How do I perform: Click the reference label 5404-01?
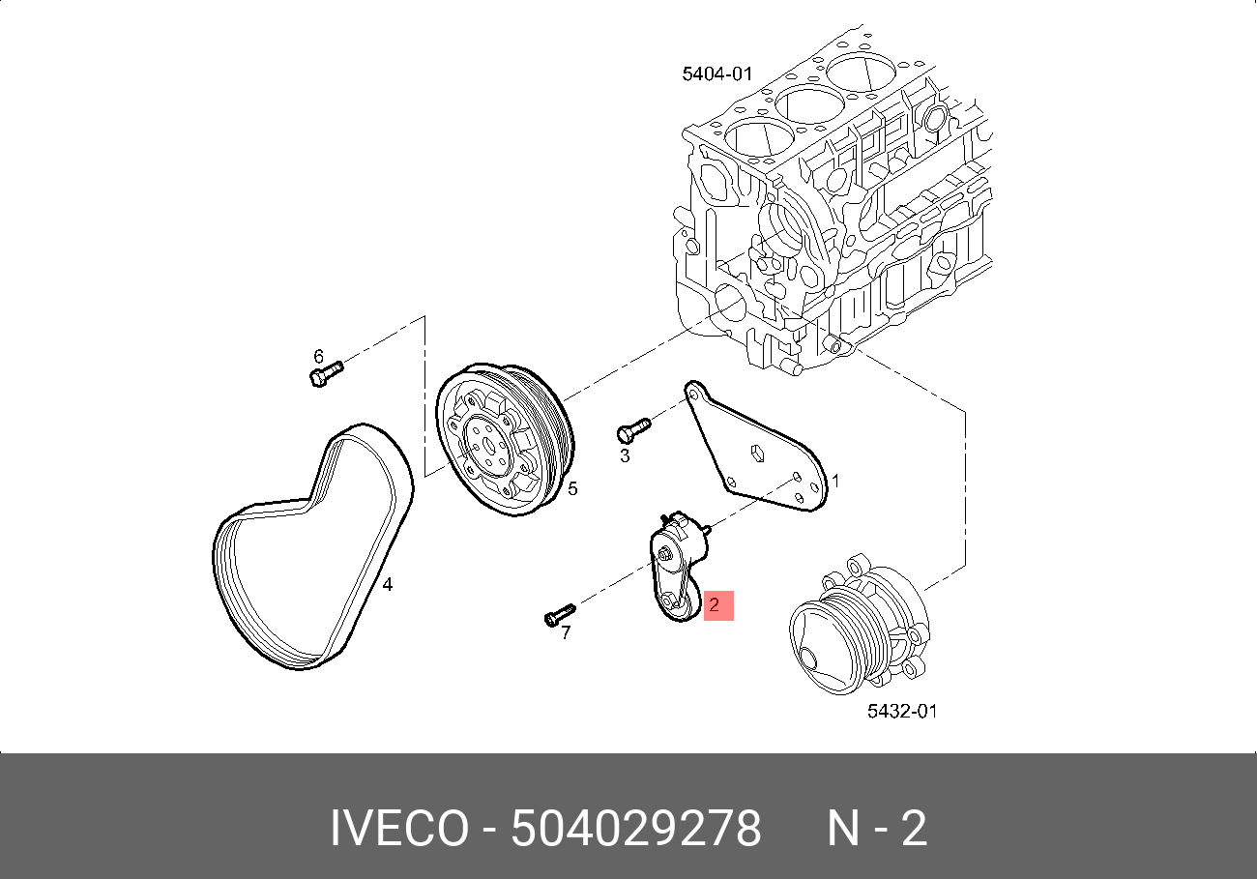pyautogui.click(x=716, y=73)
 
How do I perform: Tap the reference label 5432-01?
pyautogui.click(x=901, y=712)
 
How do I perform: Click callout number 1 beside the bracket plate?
pyautogui.click(x=835, y=481)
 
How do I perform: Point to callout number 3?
pyautogui.click(x=624, y=455)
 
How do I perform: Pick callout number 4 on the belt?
pyautogui.click(x=387, y=584)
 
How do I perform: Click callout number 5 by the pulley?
pyautogui.click(x=572, y=488)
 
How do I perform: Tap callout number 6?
pyautogui.click(x=318, y=355)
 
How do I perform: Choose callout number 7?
pyautogui.click(x=566, y=632)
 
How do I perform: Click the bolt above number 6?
pyautogui.click(x=325, y=373)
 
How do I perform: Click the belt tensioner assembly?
pyautogui.click(x=677, y=571)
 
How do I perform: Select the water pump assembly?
pyautogui.click(x=856, y=629)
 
